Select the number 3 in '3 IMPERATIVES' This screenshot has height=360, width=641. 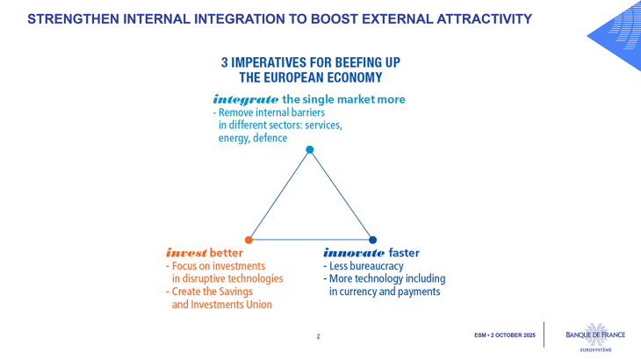pyautogui.click(x=225, y=62)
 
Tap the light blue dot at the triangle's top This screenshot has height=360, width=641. pyautogui.click(x=309, y=149)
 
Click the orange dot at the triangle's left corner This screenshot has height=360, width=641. pyautogui.click(x=249, y=239)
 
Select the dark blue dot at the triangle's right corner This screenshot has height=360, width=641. pyautogui.click(x=372, y=239)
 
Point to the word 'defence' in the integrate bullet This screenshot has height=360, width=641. pyautogui.click(x=270, y=138)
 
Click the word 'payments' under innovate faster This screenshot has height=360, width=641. pyautogui.click(x=418, y=292)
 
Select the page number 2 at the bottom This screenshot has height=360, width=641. pyautogui.click(x=318, y=336)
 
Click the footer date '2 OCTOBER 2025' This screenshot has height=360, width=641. pyautogui.click(x=513, y=336)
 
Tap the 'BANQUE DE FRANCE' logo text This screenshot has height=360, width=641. pyautogui.click(x=595, y=334)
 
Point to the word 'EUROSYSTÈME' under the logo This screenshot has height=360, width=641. pyautogui.click(x=595, y=348)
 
